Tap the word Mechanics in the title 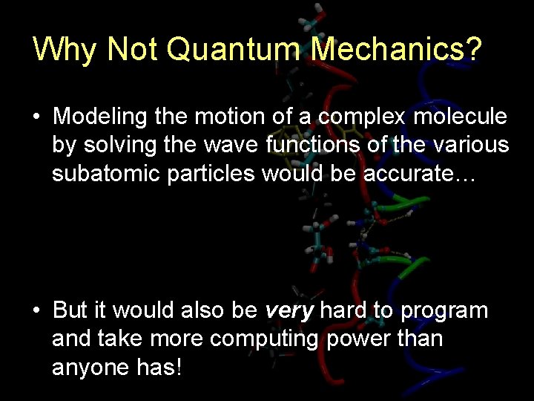pos(396,49)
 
